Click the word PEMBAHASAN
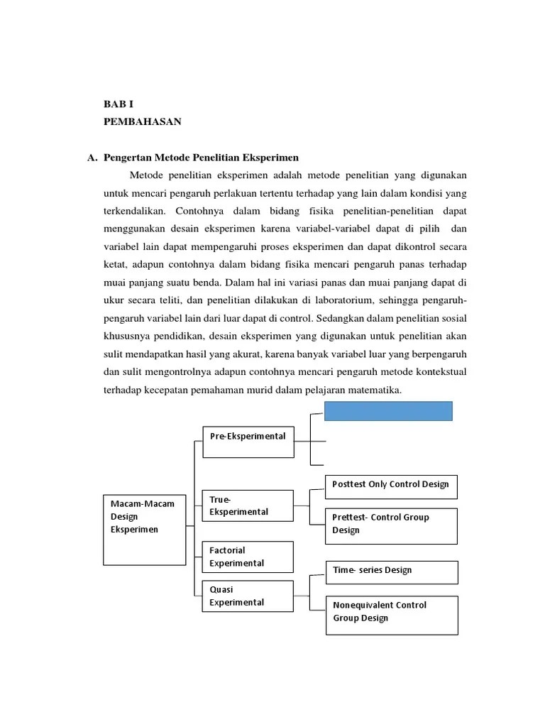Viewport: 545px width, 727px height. [142, 122]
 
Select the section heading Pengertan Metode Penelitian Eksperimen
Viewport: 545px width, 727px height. [202, 158]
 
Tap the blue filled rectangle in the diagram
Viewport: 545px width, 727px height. [388, 411]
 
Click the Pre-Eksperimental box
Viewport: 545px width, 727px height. [248, 441]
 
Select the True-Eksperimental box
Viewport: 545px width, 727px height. [248, 505]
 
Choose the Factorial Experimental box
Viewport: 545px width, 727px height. [248, 557]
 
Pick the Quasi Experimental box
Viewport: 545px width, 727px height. [248, 596]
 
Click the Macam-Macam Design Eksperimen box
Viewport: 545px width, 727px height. [144, 529]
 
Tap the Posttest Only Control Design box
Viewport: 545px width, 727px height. [391, 486]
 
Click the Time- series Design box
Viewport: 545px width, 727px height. [391, 572]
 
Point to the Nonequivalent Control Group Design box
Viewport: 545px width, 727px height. [391, 615]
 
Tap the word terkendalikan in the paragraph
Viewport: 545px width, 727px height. [133, 211]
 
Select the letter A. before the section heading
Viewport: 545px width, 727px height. [92, 158]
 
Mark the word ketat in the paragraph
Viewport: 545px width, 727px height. [114, 264]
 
